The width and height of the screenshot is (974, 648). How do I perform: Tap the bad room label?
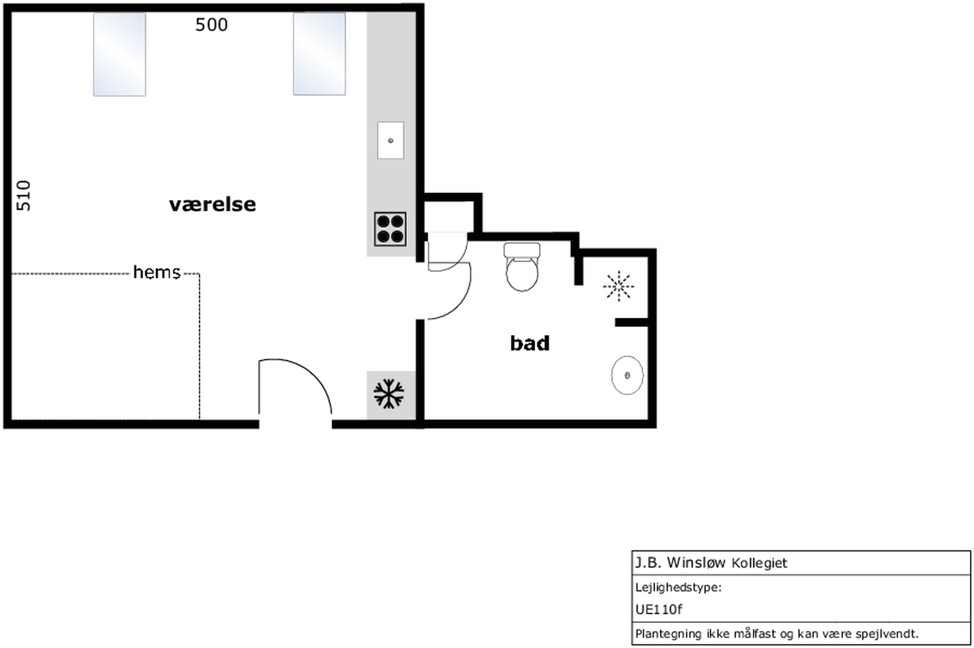(530, 343)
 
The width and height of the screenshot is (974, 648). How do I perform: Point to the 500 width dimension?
(211, 25)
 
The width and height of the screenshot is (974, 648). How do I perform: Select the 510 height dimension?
(24, 195)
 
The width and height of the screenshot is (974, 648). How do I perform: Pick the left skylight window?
(119, 55)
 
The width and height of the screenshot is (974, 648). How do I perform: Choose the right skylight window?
(320, 54)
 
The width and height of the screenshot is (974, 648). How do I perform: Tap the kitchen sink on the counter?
(391, 140)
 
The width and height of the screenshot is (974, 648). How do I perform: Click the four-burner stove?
(390, 229)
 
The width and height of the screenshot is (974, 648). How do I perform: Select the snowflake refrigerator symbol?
(388, 393)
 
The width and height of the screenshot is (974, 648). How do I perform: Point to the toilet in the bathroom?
(522, 266)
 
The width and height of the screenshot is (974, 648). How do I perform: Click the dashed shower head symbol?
(619, 286)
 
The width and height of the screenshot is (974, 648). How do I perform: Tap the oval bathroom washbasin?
(627, 375)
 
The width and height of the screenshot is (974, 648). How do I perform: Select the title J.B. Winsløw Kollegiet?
(711, 562)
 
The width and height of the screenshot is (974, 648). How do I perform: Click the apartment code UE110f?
(659, 609)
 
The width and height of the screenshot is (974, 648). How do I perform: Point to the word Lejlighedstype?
(678, 587)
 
